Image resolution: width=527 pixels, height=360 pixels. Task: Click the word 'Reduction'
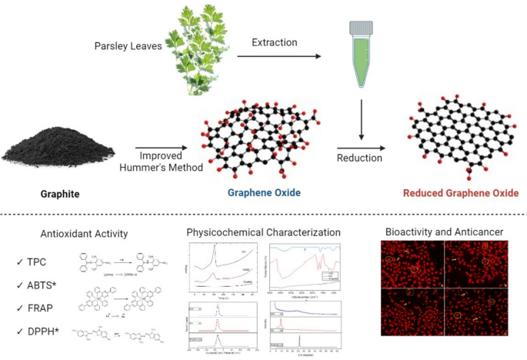click(x=360, y=158)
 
